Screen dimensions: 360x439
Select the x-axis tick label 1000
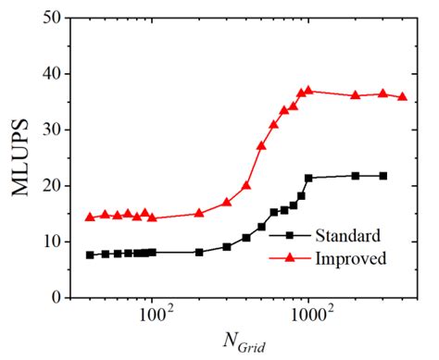point(308,315)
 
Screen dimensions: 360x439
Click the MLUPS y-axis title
point(20,157)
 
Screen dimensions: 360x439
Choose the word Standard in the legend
point(341,235)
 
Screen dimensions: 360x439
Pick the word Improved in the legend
point(343,258)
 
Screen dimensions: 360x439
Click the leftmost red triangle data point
point(90,217)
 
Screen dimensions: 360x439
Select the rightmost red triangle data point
point(402,96)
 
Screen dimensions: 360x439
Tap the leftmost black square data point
point(90,254)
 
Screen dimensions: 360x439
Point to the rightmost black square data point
point(383,176)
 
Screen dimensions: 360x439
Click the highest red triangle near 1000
point(308,91)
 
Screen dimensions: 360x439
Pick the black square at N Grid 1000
point(308,178)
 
